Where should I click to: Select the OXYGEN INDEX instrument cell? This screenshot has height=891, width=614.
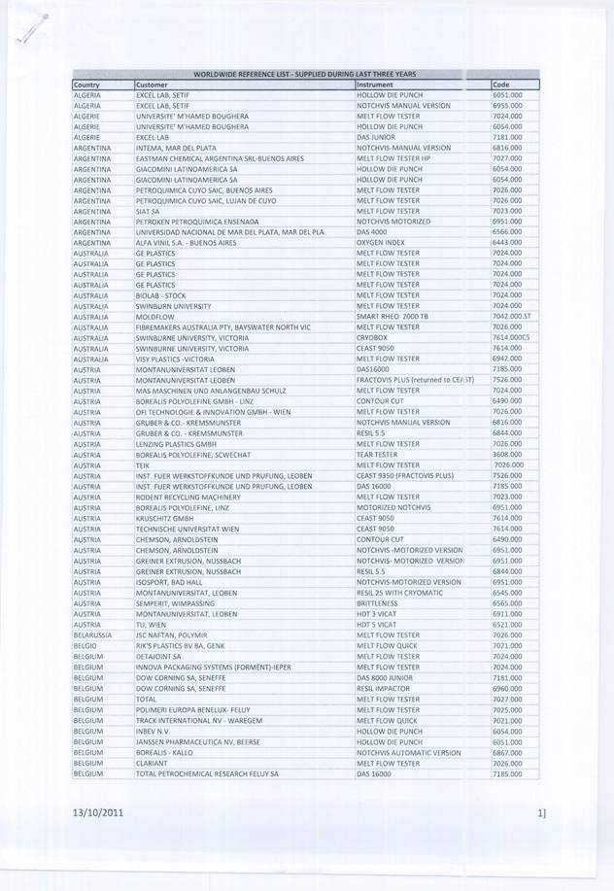381,243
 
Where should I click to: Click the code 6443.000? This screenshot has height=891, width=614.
507,243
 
